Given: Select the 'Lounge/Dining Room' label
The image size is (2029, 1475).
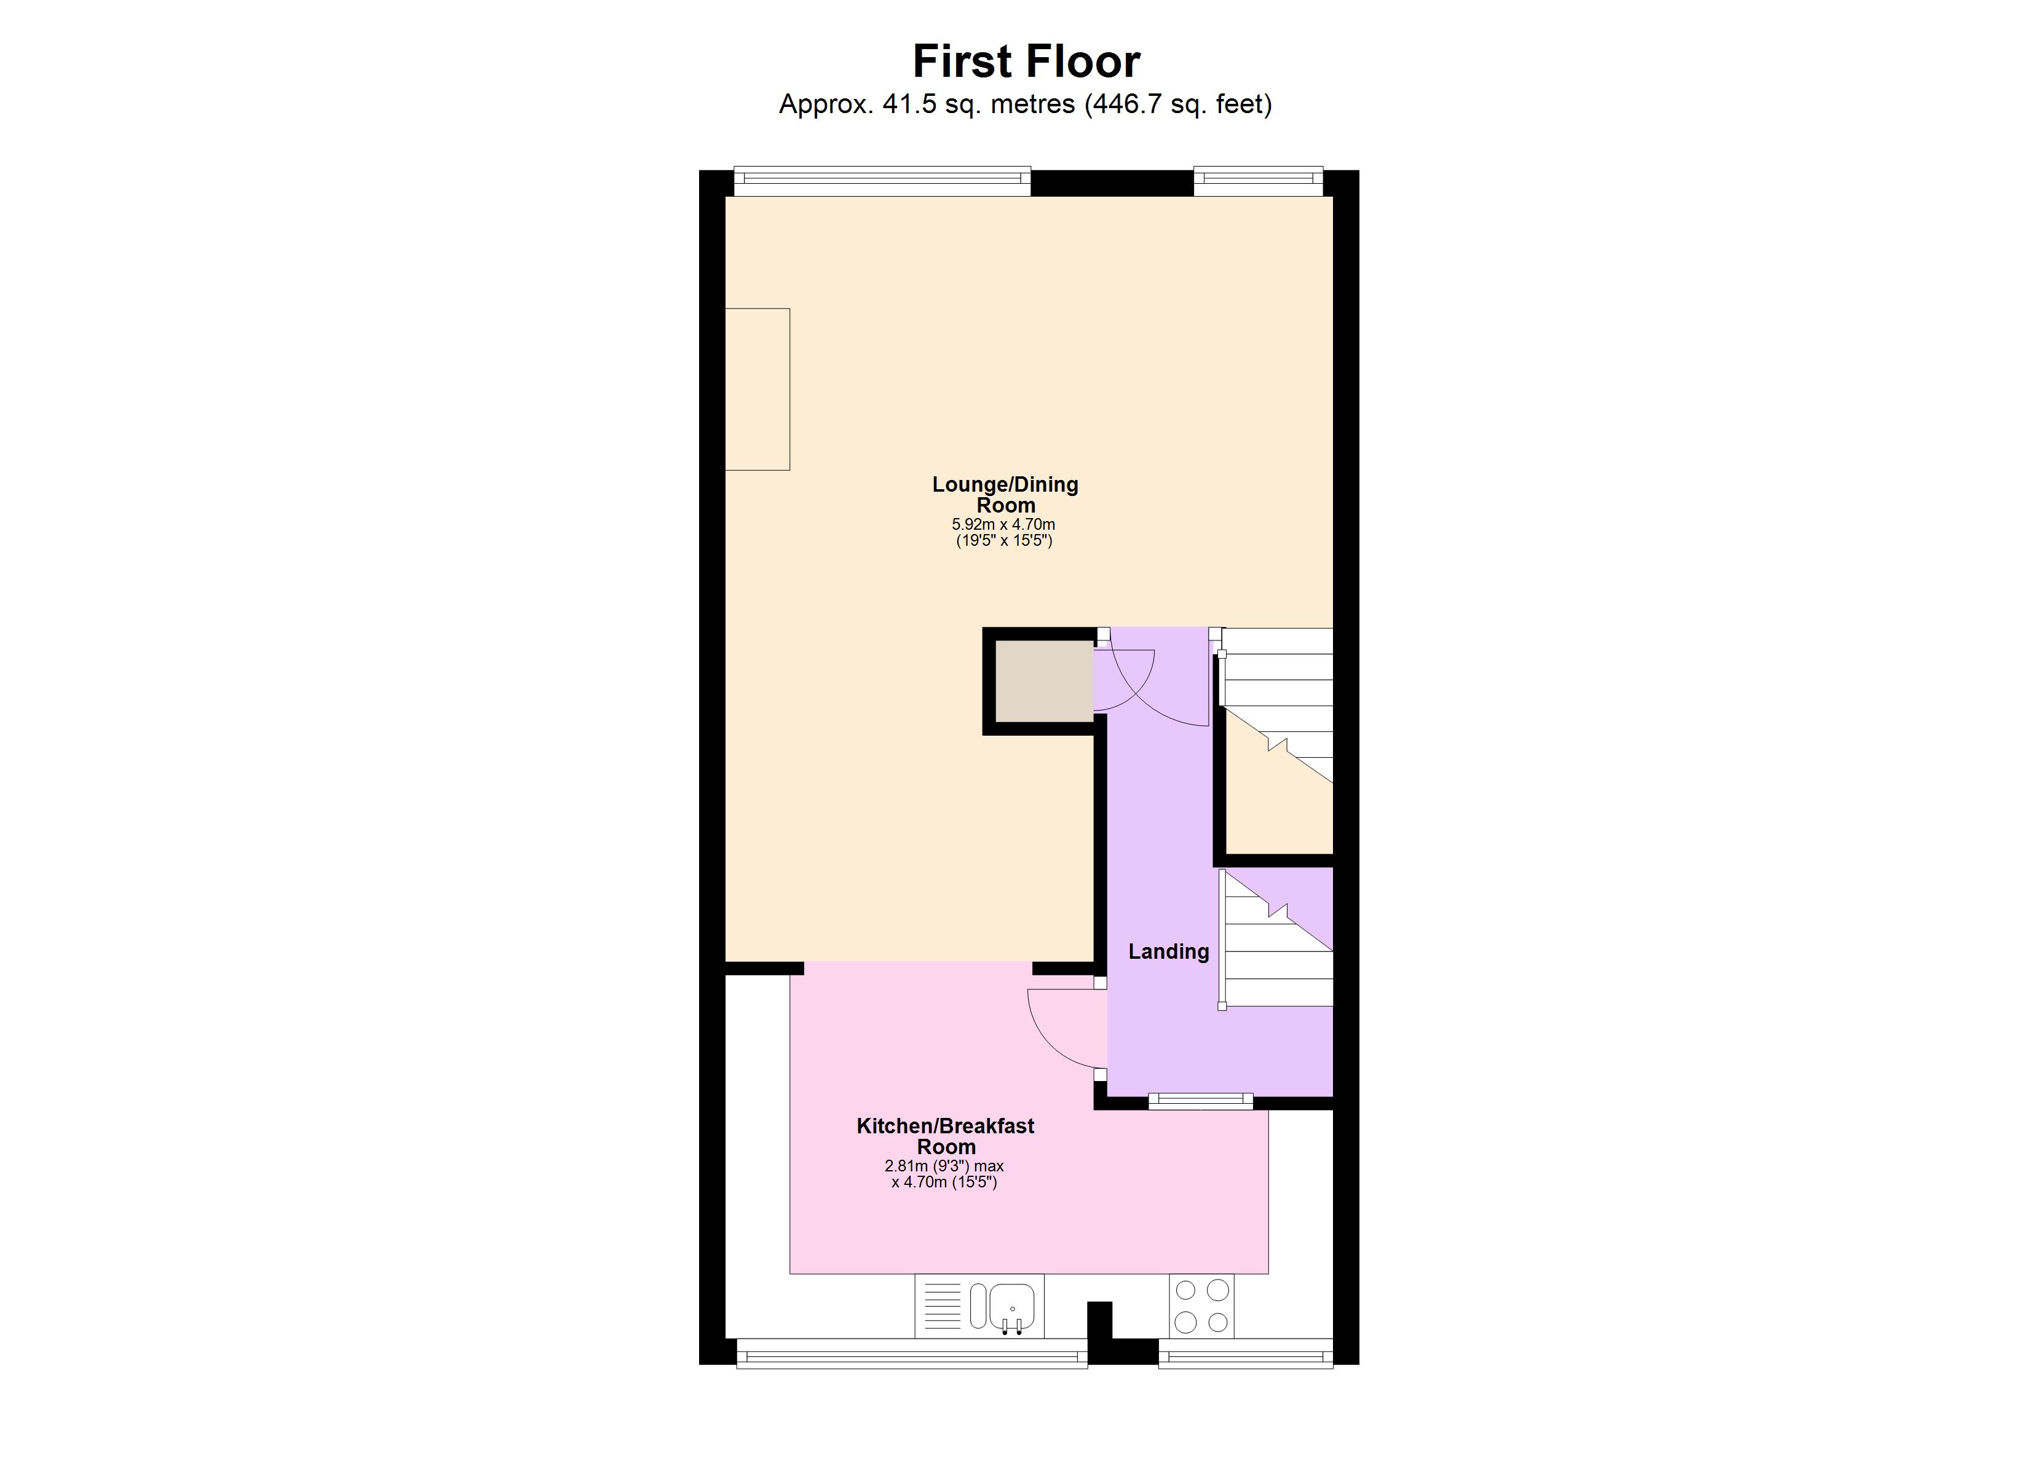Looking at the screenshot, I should [1005, 495].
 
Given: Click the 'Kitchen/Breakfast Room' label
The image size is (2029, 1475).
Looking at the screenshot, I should [945, 1136].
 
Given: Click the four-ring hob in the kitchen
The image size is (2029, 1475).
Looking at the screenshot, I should [1201, 1306].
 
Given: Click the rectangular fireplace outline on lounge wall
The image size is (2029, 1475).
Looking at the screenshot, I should [757, 389].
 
